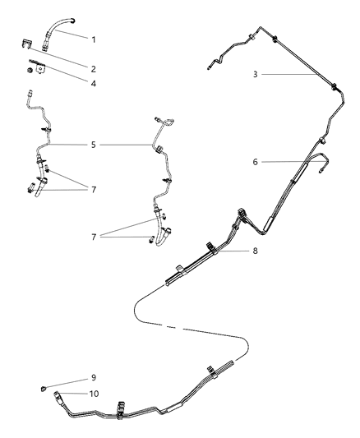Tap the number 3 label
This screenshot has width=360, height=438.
(256, 75)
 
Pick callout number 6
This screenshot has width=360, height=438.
(256, 162)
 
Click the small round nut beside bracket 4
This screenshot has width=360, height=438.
(29, 71)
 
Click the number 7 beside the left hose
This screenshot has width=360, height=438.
(94, 189)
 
